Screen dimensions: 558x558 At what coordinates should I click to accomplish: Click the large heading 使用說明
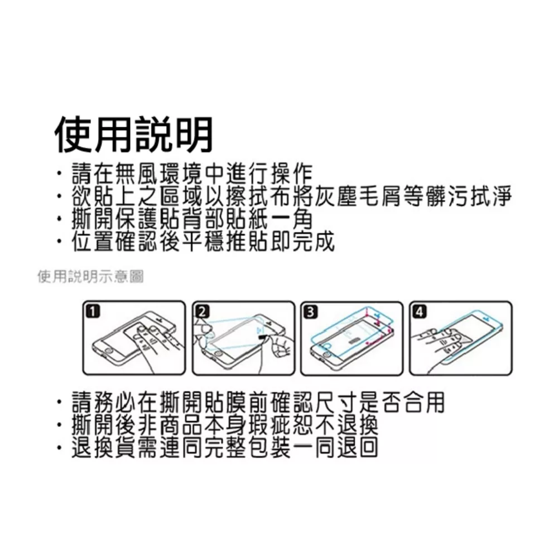click(133, 134)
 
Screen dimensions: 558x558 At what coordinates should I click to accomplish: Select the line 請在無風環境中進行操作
click(192, 174)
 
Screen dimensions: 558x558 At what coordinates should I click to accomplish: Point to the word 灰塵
click(334, 196)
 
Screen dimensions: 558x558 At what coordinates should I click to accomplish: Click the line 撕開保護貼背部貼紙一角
click(192, 219)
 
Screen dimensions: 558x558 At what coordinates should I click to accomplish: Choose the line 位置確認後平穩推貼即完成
click(203, 241)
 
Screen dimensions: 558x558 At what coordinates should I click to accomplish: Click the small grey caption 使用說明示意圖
click(91, 277)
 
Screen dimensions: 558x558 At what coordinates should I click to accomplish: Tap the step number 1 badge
click(93, 312)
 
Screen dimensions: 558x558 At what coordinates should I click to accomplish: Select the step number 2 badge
click(202, 312)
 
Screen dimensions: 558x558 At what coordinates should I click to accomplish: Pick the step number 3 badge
click(310, 312)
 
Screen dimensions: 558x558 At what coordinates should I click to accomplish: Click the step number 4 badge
click(419, 312)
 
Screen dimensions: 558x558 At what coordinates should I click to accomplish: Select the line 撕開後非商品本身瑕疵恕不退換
click(225, 425)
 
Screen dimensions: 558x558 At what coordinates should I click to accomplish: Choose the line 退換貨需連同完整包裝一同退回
click(225, 448)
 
